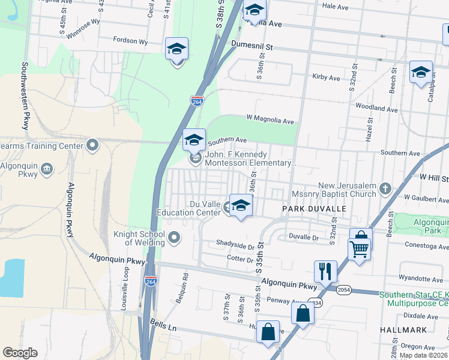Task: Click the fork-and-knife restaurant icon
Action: (x=325, y=272)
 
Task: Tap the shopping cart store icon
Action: (x=358, y=248)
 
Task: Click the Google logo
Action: (x=19, y=353)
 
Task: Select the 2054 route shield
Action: (x=344, y=290)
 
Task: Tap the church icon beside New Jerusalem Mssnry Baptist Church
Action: (x=385, y=190)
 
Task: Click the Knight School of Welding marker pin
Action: (x=174, y=238)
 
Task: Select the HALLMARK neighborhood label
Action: (x=403, y=330)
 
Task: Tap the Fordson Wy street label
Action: (x=130, y=41)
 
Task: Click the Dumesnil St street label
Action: (x=252, y=46)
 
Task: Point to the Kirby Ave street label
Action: (x=326, y=77)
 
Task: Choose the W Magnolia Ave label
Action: (x=270, y=121)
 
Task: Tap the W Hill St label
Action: (x=434, y=178)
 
